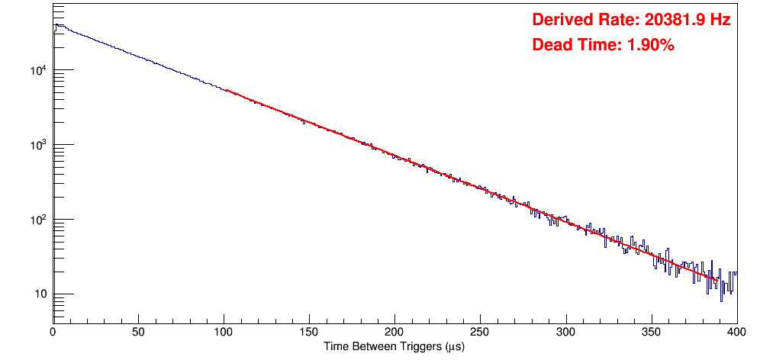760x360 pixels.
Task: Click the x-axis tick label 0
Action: click(x=53, y=331)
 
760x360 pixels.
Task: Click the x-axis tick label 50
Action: click(x=138, y=331)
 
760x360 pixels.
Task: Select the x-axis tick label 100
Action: click(x=224, y=331)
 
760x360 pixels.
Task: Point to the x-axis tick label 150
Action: click(x=309, y=331)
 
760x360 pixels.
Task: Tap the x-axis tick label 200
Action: click(x=394, y=331)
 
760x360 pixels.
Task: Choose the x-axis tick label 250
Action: click(x=480, y=331)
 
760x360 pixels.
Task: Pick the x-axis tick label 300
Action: click(x=565, y=331)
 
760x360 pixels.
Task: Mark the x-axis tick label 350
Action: click(x=651, y=331)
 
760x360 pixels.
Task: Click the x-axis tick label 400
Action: click(x=736, y=331)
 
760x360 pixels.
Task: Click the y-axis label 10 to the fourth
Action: click(x=37, y=70)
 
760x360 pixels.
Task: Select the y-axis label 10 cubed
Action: click(x=37, y=145)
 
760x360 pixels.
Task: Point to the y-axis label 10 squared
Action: click(x=37, y=220)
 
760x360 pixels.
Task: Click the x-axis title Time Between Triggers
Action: click(x=394, y=346)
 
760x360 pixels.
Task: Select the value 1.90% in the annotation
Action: click(x=650, y=45)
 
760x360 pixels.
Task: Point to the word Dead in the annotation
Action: click(x=550, y=45)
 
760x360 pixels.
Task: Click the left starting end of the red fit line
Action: click(x=226, y=90)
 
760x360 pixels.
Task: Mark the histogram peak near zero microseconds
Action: click(x=56, y=24)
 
